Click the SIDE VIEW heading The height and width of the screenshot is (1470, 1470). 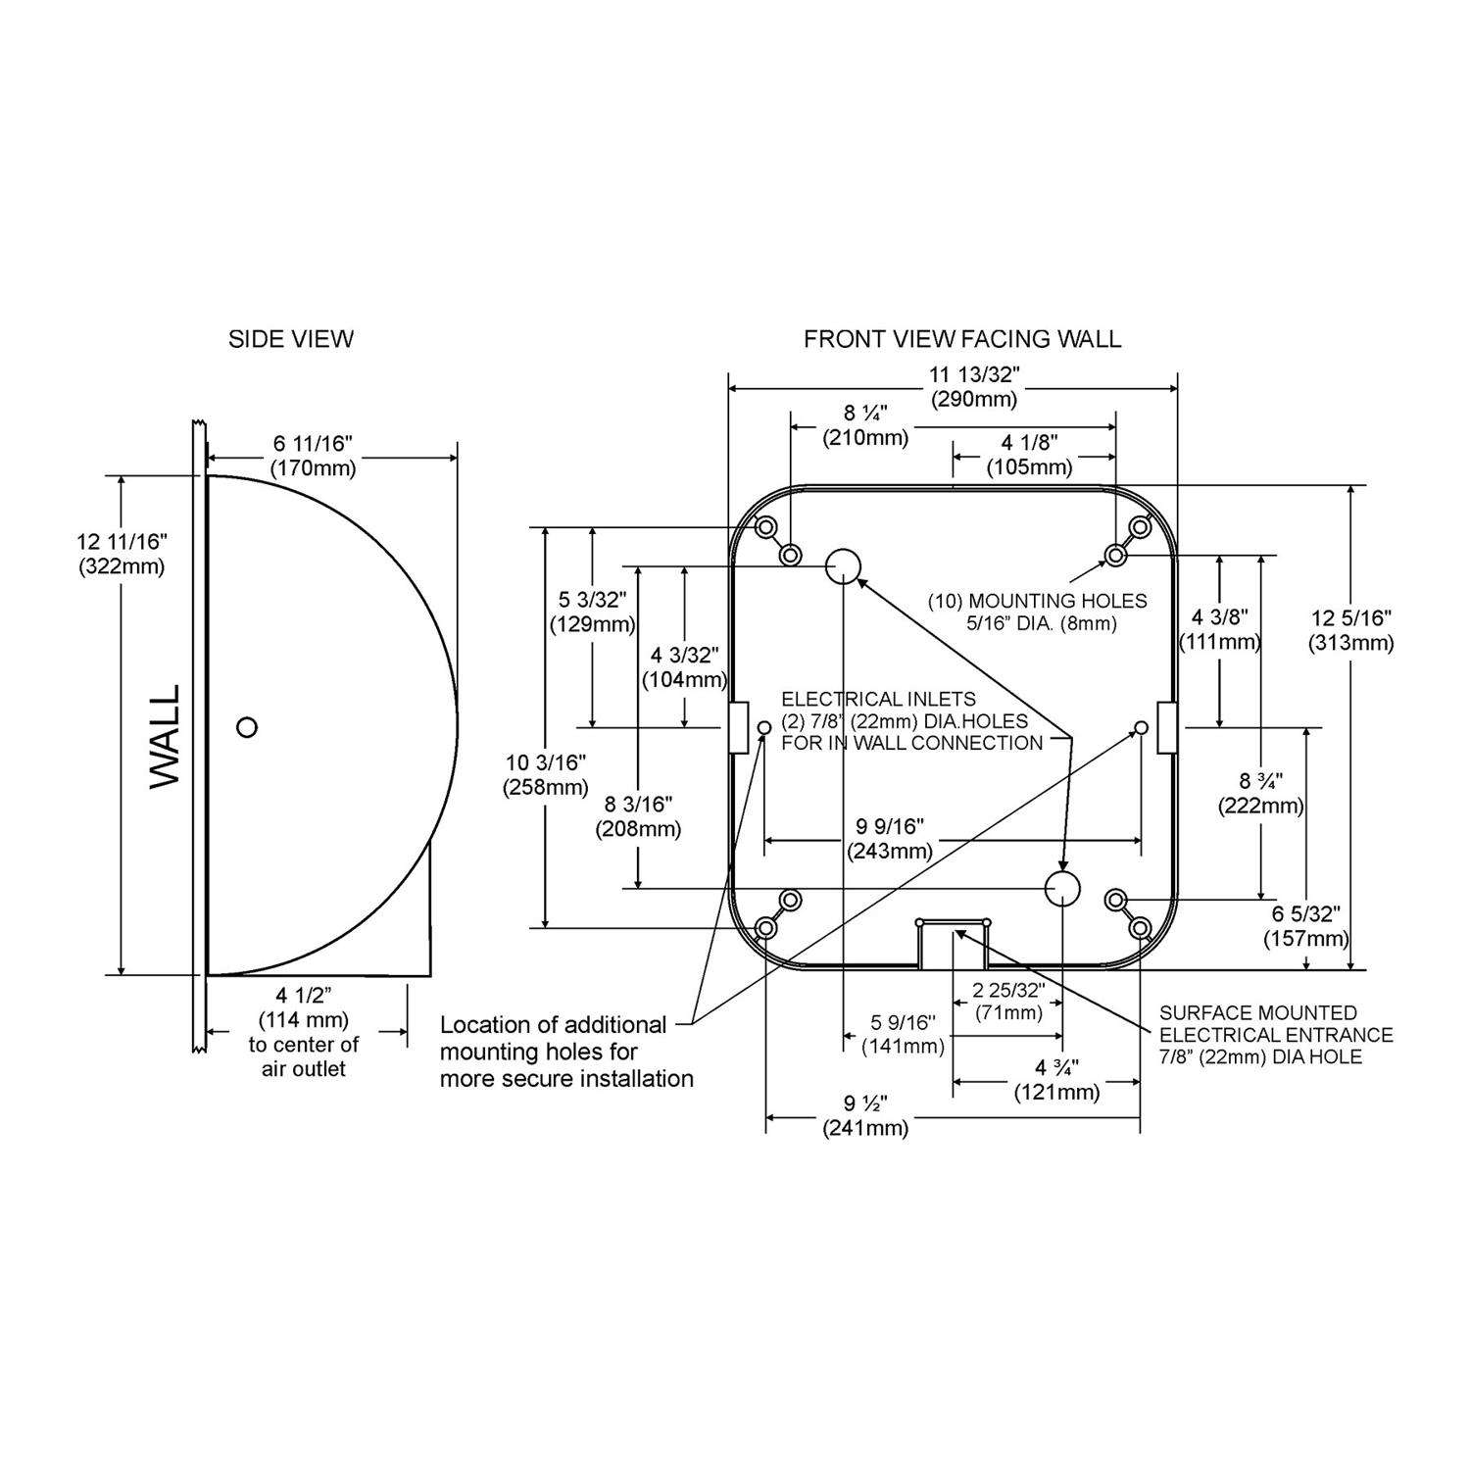click(x=290, y=339)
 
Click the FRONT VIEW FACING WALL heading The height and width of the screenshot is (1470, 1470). click(x=961, y=339)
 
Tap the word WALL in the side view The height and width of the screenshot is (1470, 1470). click(x=165, y=736)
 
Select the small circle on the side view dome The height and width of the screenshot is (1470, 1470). click(x=247, y=726)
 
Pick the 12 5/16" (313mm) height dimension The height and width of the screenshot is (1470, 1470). click(x=1350, y=630)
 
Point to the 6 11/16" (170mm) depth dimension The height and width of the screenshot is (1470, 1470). click(x=314, y=456)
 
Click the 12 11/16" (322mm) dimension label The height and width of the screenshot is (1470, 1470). click(x=122, y=554)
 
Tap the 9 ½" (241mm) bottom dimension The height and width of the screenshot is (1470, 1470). click(x=864, y=1115)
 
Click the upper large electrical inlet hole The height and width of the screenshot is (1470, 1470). click(x=843, y=565)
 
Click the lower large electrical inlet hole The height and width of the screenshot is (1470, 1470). click(x=1061, y=888)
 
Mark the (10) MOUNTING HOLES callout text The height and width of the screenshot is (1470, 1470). click(x=1037, y=612)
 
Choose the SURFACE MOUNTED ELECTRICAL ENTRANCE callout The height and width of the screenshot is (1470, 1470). click(x=1275, y=1034)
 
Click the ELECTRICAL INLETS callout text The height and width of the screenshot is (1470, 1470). click(x=910, y=720)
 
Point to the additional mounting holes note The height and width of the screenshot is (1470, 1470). click(x=566, y=1052)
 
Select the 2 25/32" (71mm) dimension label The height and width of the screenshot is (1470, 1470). click(x=1008, y=1001)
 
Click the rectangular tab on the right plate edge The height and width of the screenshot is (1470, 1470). click(x=1166, y=727)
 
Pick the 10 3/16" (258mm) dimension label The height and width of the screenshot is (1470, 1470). click(x=546, y=773)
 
